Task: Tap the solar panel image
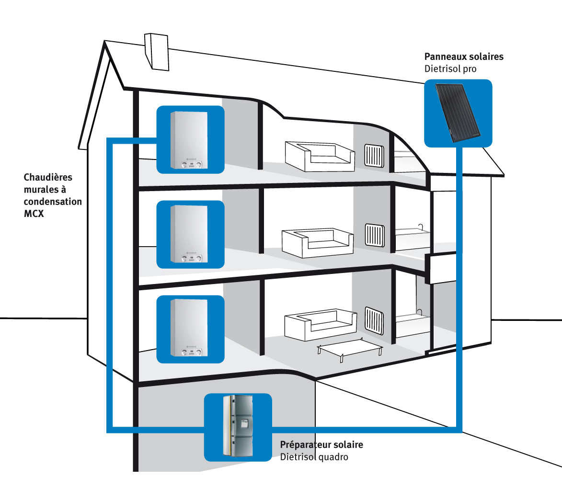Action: tap(457, 113)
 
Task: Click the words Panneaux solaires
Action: tap(464, 57)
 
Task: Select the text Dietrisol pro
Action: tap(450, 69)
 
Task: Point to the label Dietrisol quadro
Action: tap(314, 457)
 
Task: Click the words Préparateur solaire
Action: tap(321, 444)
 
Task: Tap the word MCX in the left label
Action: tap(34, 214)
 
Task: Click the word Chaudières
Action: tap(48, 177)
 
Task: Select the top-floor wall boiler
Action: tap(189, 140)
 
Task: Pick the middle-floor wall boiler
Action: tap(189, 234)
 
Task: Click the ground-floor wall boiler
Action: tap(189, 329)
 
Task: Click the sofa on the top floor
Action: tap(320, 156)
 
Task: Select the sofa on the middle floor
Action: tap(317, 243)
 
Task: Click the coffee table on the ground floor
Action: tap(350, 349)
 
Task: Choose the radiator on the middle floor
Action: tap(375, 235)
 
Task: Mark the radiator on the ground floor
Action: tap(374, 320)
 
